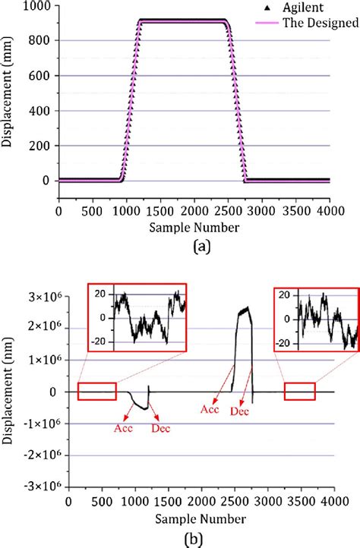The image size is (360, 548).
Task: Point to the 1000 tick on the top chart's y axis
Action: [37, 6]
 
